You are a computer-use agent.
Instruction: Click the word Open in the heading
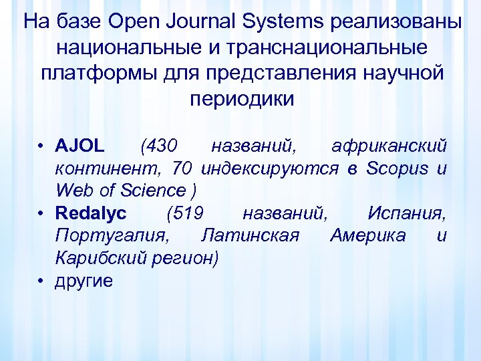point(131,23)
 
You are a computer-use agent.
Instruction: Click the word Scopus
point(397,168)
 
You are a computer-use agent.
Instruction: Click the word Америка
point(367,236)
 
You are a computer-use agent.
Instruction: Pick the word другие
point(84,281)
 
